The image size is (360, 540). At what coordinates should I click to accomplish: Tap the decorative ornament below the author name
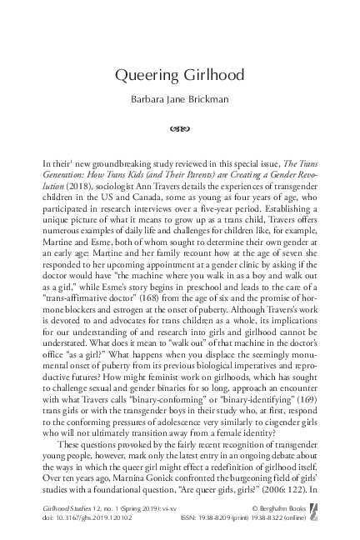tap(180, 129)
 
